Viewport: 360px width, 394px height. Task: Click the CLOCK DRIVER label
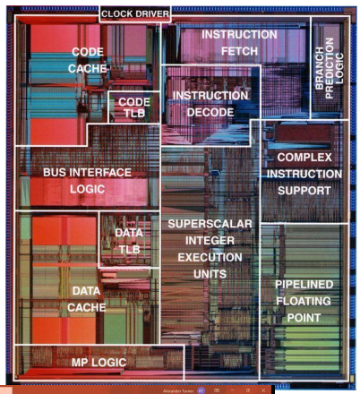pos(135,13)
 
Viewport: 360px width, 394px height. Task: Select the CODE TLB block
pos(133,107)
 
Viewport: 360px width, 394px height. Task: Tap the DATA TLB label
pos(129,241)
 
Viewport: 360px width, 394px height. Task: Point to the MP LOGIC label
pos(99,363)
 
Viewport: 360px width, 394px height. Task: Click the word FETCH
pos(239,51)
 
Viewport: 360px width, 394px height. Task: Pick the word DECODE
pos(210,112)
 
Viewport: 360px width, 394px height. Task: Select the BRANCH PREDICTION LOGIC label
pos(330,68)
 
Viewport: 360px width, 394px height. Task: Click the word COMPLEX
pos(304,158)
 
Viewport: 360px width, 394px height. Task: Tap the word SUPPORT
pos(304,191)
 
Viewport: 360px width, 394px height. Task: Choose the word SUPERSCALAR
pos(210,224)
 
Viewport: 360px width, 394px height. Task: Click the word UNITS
pos(210,274)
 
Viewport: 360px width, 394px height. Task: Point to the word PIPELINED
pos(304,284)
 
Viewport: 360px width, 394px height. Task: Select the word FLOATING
pos(304,301)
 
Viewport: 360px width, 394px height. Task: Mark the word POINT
pos(304,318)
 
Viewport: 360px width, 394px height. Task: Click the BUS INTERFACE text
pos(87,172)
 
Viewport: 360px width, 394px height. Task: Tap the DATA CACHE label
pos(87,299)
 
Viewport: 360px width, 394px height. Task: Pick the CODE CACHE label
pos(88,60)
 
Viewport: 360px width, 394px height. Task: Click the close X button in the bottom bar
pos(263,390)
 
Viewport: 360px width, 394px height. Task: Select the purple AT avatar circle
pos(201,390)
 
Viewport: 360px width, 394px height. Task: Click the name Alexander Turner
pos(178,390)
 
